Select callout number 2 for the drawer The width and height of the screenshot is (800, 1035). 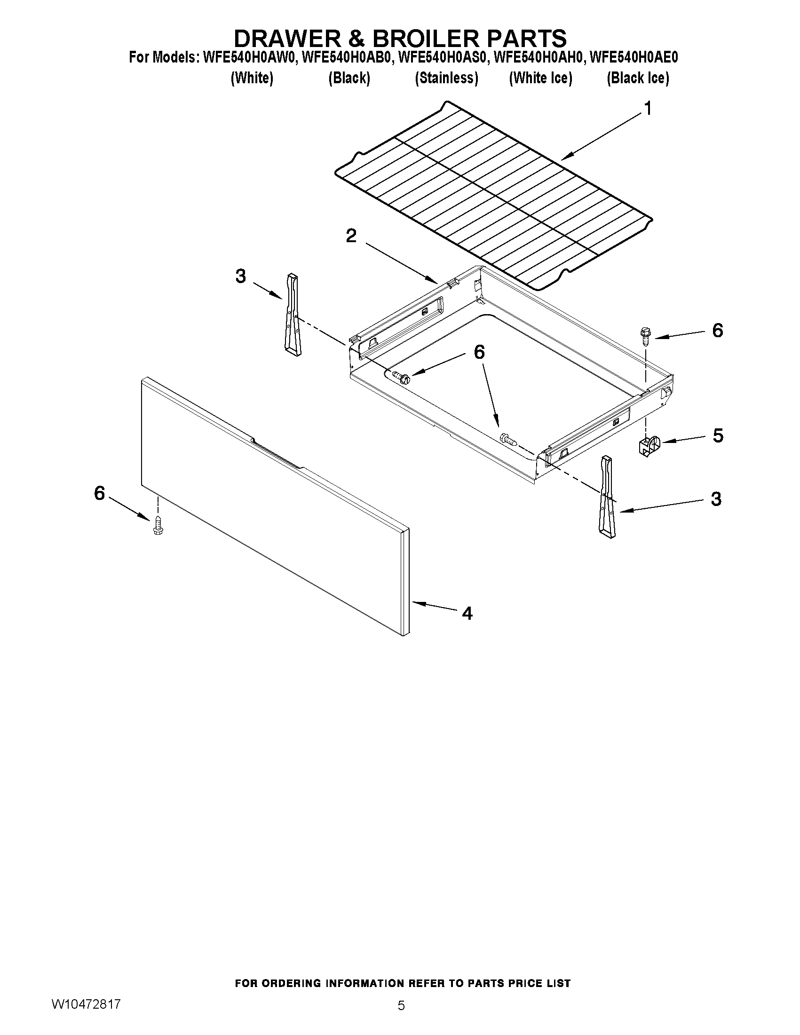[351, 236]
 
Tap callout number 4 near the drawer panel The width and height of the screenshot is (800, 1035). [467, 614]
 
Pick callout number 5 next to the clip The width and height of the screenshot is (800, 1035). [718, 435]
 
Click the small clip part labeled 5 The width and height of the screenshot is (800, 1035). [648, 446]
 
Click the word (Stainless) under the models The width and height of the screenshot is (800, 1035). [446, 78]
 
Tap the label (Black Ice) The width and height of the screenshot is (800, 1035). [637, 78]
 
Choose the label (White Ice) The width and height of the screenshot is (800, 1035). [540, 78]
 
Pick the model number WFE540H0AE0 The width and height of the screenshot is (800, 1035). [633, 57]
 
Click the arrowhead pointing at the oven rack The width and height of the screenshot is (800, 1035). [567, 156]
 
